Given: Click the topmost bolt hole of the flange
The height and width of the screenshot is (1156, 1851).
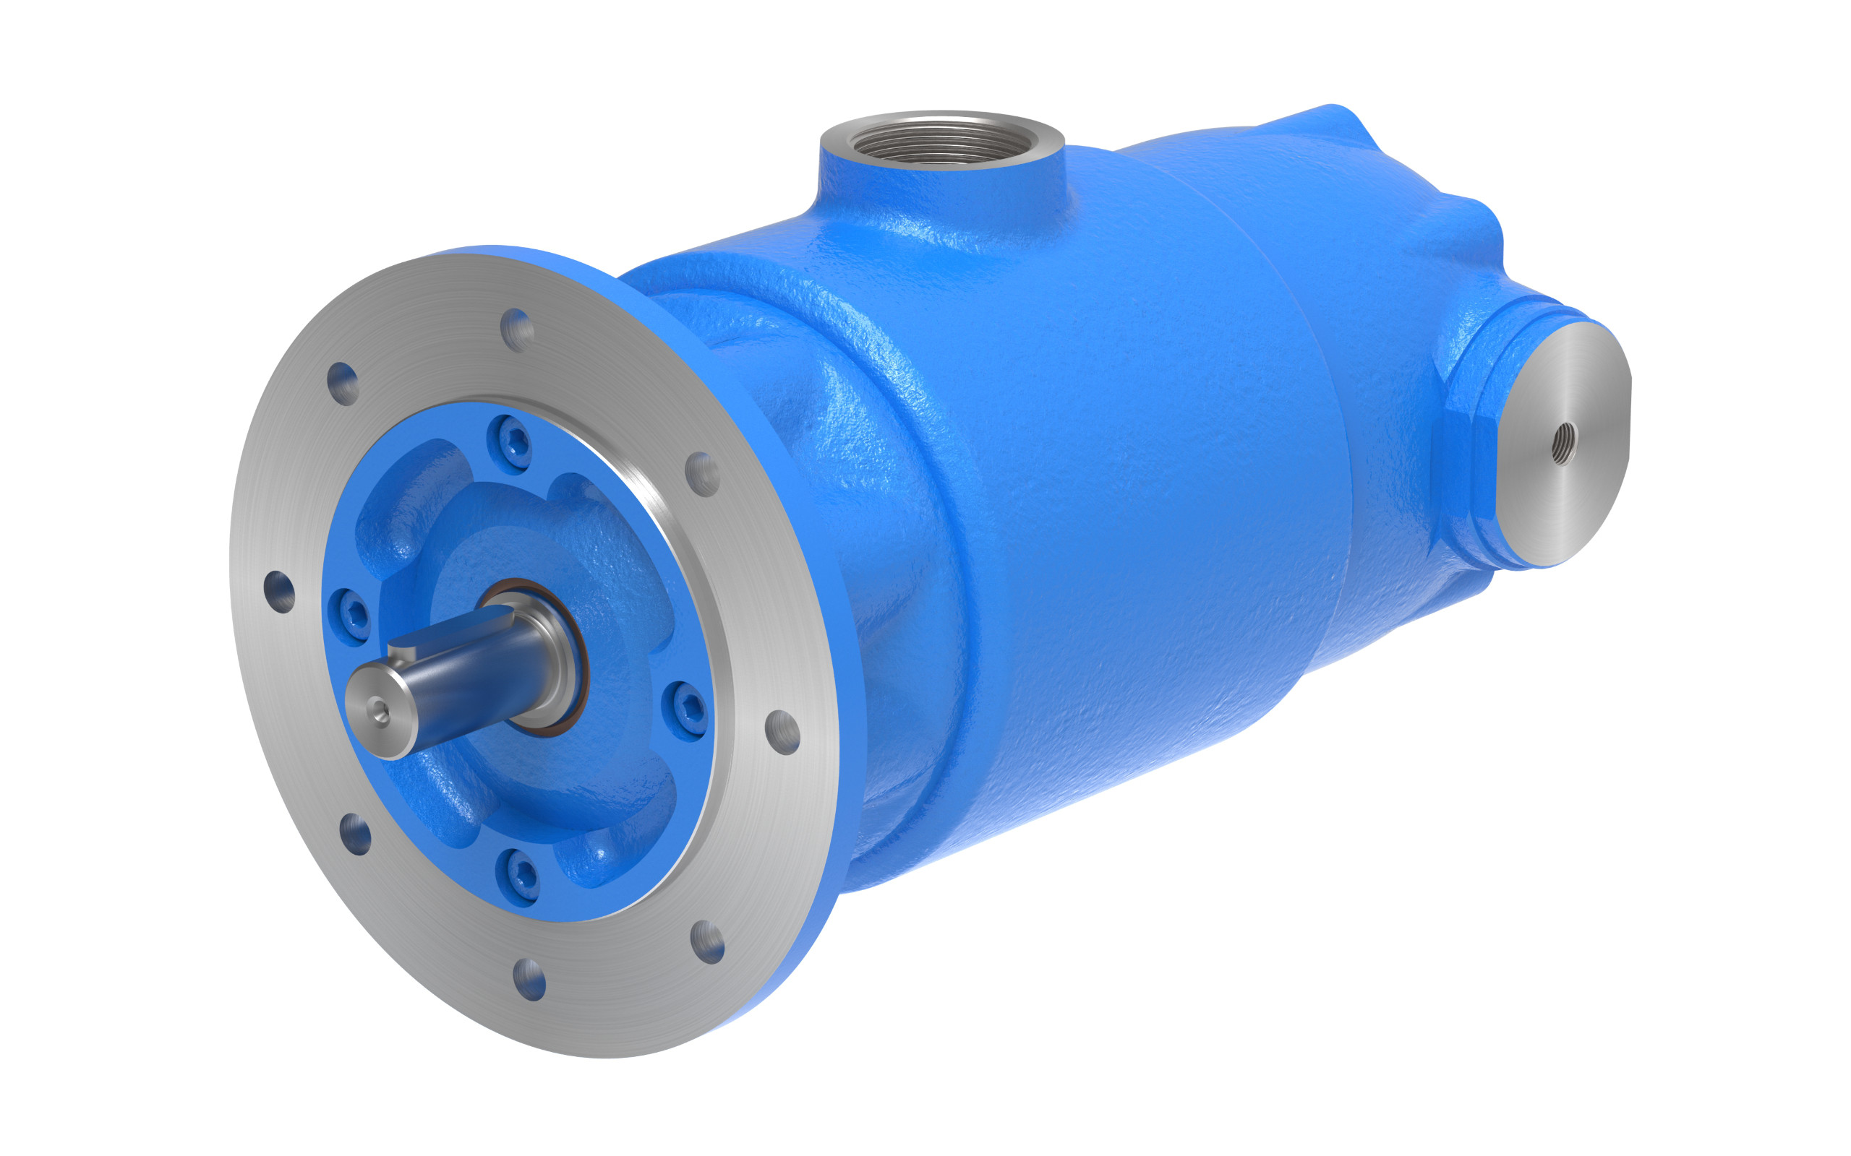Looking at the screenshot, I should pyautogui.click(x=517, y=329).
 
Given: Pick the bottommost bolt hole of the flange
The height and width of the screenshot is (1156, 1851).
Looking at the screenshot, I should pyautogui.click(x=529, y=980).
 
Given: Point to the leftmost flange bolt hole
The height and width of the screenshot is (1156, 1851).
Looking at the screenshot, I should pyautogui.click(x=279, y=592).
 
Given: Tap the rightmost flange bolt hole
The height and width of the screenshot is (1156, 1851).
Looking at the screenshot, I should pyautogui.click(x=782, y=732).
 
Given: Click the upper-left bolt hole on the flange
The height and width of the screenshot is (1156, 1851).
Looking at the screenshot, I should pyautogui.click(x=343, y=383).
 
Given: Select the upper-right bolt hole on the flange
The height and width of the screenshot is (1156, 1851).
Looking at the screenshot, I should pyautogui.click(x=702, y=473).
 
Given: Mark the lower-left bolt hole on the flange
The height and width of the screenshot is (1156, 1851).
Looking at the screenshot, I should pyautogui.click(x=355, y=834).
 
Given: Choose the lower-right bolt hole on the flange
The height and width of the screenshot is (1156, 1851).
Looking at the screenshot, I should pyautogui.click(x=708, y=942).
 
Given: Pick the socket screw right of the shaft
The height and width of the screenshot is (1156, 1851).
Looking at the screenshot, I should pyautogui.click(x=686, y=711).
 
